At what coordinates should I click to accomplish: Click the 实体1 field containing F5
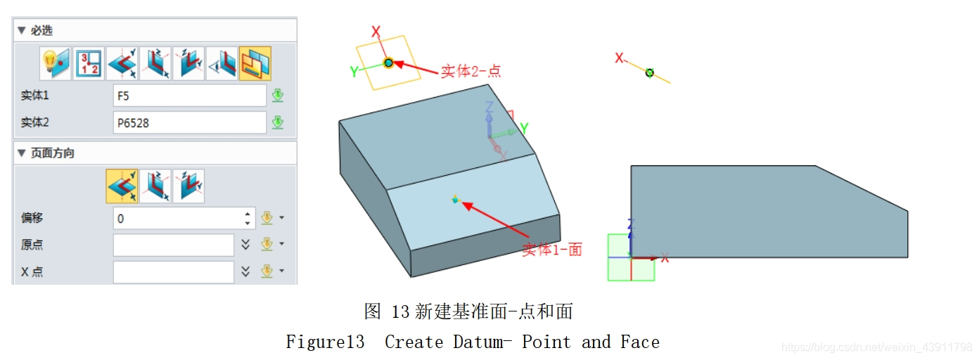click(x=189, y=96)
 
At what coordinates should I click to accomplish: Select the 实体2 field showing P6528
click(x=189, y=123)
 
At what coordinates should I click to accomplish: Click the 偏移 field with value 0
click(x=179, y=219)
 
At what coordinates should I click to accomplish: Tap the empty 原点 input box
click(x=173, y=245)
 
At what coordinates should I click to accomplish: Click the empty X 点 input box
click(x=173, y=272)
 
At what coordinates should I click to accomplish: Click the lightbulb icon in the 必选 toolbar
click(x=55, y=64)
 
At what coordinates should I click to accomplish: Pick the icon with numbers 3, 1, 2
click(x=89, y=64)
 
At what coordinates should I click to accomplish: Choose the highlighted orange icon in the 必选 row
click(x=255, y=64)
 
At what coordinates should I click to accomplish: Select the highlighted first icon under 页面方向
click(x=122, y=186)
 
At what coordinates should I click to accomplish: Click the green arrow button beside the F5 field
click(x=278, y=96)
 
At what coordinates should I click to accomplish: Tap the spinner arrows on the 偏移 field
click(x=248, y=219)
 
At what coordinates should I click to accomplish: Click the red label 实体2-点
click(x=471, y=71)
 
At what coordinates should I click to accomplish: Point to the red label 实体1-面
click(x=552, y=250)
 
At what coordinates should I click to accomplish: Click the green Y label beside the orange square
click(x=354, y=71)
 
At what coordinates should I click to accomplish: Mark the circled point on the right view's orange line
click(x=650, y=72)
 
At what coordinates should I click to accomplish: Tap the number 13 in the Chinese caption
click(x=401, y=311)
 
